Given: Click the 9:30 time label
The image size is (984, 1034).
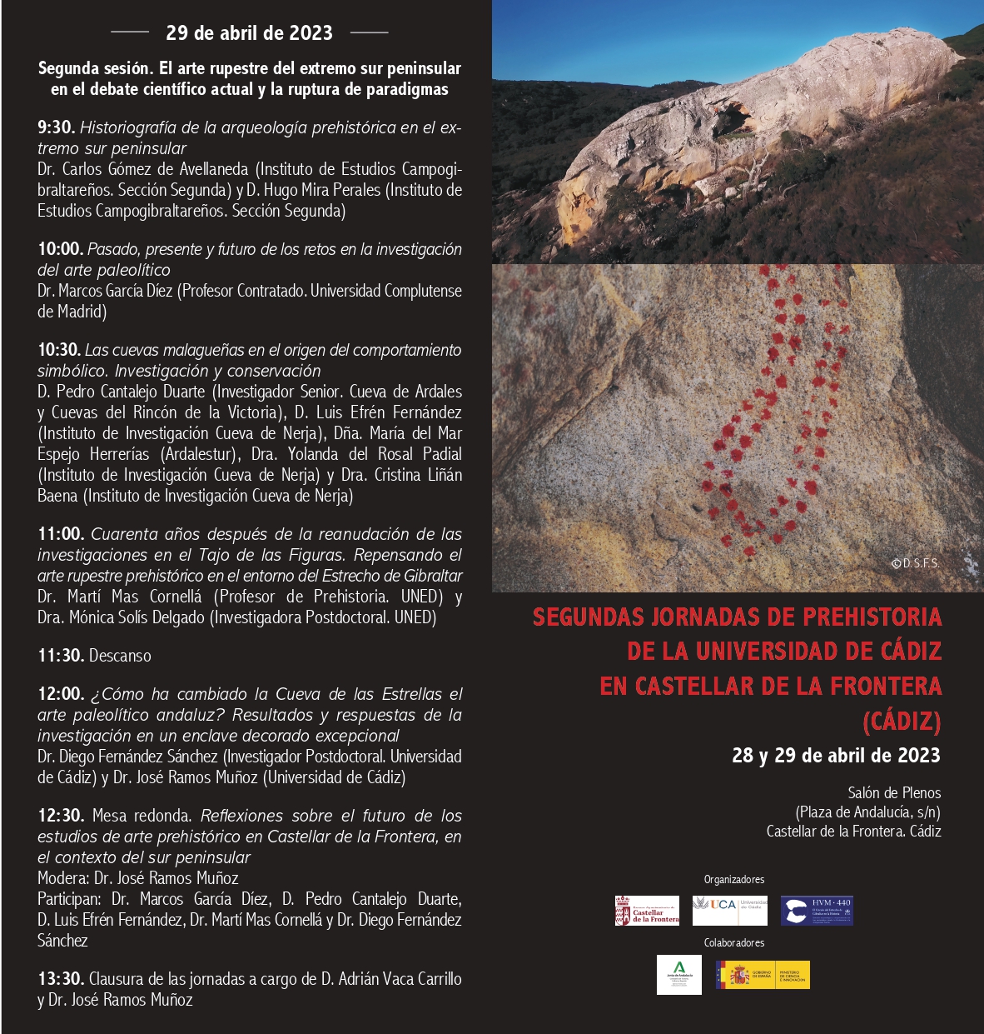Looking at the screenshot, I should tap(56, 127).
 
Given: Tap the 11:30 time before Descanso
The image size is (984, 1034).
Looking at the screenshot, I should tap(61, 656).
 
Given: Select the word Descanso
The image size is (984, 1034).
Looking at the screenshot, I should tap(121, 656).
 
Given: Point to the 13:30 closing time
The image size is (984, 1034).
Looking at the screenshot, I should tap(61, 979).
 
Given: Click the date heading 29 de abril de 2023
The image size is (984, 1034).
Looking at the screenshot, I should tap(249, 33).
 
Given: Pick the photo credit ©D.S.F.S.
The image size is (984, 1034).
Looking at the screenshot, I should tap(915, 563).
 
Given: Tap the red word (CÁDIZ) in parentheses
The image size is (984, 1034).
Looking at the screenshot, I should tap(902, 721).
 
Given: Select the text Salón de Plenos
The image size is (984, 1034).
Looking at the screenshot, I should tap(894, 792).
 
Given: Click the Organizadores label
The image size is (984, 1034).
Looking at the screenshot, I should tap(733, 880).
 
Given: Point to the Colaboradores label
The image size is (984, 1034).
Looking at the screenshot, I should tap(733, 943).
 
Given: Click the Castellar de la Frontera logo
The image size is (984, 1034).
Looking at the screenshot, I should tap(647, 911).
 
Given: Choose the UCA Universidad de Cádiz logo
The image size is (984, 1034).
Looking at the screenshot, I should tap(730, 910).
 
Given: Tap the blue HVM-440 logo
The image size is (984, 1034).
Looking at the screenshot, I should tap(817, 911).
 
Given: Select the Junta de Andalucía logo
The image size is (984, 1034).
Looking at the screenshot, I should tap(678, 975).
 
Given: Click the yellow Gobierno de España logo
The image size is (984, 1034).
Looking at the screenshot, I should tap(763, 975).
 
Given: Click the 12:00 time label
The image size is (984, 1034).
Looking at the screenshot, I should tap(61, 694).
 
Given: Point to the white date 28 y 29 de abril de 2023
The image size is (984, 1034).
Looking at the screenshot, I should tap(836, 756).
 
